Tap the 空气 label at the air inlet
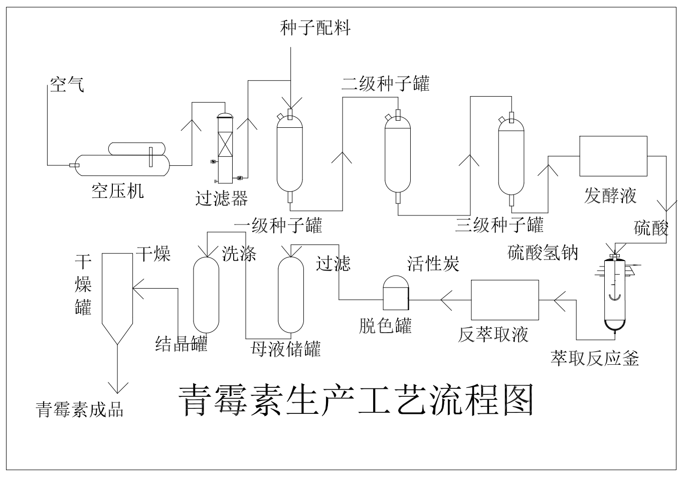pos(67,85)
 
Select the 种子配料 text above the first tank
pos(315,28)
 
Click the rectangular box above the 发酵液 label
pos(613,156)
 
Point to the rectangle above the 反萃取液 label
pos(504,300)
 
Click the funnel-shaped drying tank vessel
pos(117,296)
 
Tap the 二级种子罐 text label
pos(385,83)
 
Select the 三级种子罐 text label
pos(499,225)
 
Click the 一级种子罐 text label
pos(278,225)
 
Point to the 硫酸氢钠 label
pos(543,253)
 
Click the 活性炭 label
pos(433,263)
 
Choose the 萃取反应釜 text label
pos(594,358)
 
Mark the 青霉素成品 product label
pos(80,409)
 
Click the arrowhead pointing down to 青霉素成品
pos(118,387)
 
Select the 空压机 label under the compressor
pos(117,191)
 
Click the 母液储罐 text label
pos(285,349)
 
